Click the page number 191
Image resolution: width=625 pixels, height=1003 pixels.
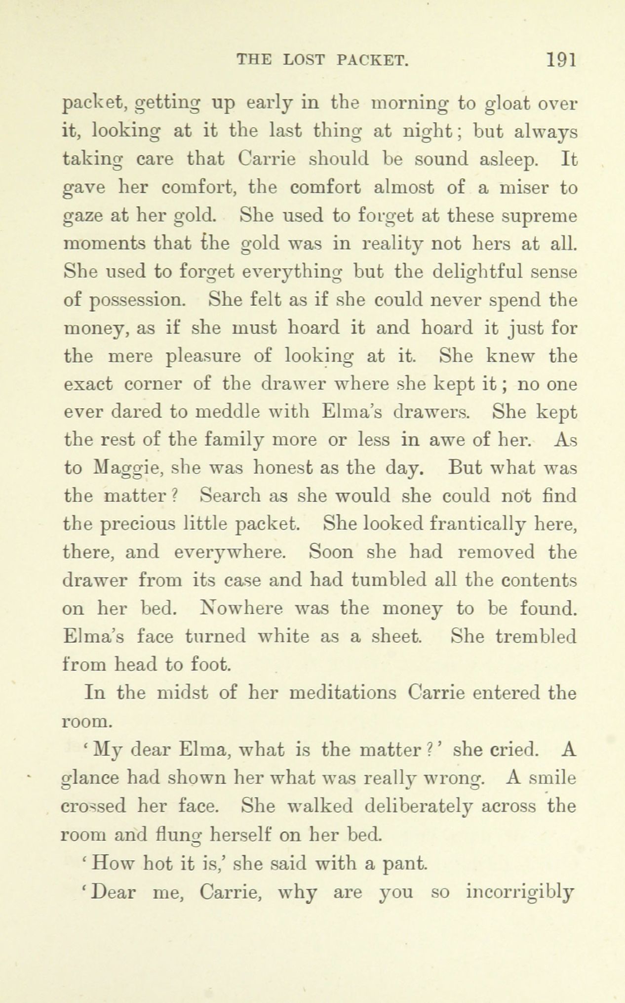[x=561, y=60]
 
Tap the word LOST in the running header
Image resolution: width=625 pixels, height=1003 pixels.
[x=304, y=60]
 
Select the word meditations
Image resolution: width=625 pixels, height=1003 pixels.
[x=343, y=693]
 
